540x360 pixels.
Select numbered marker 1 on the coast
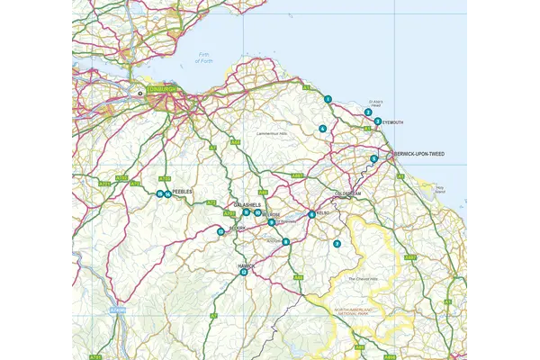click(328, 99)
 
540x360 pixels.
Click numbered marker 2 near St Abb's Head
click(368, 112)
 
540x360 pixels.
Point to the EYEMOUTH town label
click(393, 121)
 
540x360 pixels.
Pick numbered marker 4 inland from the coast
click(322, 129)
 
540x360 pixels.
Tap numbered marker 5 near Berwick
click(373, 159)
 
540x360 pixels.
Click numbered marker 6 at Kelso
click(311, 214)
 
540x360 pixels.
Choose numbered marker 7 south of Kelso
click(337, 244)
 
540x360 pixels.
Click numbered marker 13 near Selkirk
click(220, 231)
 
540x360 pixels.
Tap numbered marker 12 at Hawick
click(244, 273)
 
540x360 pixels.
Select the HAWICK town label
click(247, 265)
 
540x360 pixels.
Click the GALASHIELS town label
click(248, 205)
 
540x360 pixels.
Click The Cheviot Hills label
click(364, 279)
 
